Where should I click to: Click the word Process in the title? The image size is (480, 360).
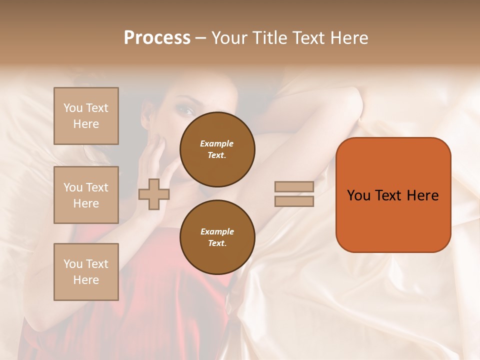tap(157, 38)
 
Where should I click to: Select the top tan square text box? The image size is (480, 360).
tap(86, 116)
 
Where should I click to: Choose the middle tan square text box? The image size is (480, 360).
tap(86, 195)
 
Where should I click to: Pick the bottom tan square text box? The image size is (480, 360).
tap(86, 272)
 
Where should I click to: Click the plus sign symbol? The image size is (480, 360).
tap(154, 194)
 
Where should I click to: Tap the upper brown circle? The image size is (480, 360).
tap(217, 149)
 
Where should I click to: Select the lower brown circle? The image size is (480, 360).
tap(217, 237)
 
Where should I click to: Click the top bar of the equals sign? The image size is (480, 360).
tap(294, 186)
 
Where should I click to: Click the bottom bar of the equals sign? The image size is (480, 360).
tap(294, 201)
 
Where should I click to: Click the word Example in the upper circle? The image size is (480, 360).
tap(216, 143)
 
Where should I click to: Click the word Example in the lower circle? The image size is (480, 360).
tap(217, 231)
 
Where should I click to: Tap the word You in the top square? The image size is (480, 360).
tap(72, 108)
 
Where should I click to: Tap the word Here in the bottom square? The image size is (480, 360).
tap(86, 280)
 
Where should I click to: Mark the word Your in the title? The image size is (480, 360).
tap(230, 38)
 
